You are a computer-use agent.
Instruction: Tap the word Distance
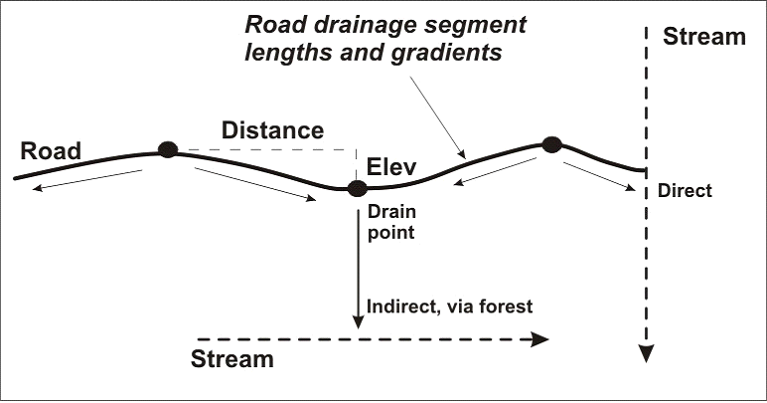point(272,130)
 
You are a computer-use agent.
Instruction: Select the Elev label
point(391,166)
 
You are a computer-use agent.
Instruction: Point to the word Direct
point(685,190)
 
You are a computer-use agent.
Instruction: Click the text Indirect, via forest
point(450,305)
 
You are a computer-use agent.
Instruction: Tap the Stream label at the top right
point(703,38)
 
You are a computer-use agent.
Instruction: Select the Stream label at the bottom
point(231,358)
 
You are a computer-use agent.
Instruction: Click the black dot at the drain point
point(358,188)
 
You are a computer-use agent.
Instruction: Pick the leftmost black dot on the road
point(168,150)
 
